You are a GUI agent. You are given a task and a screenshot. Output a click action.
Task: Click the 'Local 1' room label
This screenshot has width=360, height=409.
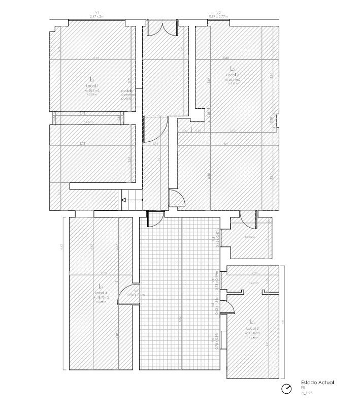click(92, 86)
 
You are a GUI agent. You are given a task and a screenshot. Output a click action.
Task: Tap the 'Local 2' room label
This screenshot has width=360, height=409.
click(233, 75)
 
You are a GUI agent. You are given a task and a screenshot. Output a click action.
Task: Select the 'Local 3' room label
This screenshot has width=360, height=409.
click(252, 328)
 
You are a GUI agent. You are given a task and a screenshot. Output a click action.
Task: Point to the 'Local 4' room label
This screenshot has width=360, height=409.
click(101, 293)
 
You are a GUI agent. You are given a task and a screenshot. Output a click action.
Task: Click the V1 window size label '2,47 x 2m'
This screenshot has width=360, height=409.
click(96, 16)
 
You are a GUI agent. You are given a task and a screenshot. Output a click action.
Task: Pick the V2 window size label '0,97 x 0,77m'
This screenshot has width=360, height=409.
click(219, 16)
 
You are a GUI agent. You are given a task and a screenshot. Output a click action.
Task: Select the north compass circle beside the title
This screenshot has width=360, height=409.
click(287, 389)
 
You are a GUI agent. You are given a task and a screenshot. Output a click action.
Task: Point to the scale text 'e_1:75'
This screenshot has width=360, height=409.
click(307, 393)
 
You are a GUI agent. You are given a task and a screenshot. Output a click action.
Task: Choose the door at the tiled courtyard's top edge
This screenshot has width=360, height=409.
click(154, 219)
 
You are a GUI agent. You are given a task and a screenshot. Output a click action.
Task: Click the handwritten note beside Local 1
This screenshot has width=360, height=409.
click(127, 95)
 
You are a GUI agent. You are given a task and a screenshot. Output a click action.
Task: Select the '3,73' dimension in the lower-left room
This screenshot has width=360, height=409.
click(82, 144)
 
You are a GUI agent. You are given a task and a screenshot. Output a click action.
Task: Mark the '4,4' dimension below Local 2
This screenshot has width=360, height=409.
click(225, 144)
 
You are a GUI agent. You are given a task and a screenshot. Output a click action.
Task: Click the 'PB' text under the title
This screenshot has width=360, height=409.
click(303, 388)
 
